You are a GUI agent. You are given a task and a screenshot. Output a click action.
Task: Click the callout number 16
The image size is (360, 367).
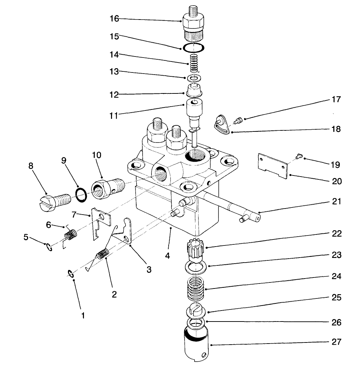[114, 19]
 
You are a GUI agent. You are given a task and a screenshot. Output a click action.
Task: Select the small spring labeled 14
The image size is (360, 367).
[192, 63]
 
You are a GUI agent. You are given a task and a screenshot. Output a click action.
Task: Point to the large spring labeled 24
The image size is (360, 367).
[196, 284]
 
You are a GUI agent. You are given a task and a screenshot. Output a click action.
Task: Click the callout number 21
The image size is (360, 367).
[336, 202]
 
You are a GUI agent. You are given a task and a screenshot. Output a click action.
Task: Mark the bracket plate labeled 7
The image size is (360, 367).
[99, 225]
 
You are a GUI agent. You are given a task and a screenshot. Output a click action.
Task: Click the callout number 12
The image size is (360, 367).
[114, 95]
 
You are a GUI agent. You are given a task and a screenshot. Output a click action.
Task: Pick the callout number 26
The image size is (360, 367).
[336, 323]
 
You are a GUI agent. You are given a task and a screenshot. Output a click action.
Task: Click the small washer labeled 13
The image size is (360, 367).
[194, 77]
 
